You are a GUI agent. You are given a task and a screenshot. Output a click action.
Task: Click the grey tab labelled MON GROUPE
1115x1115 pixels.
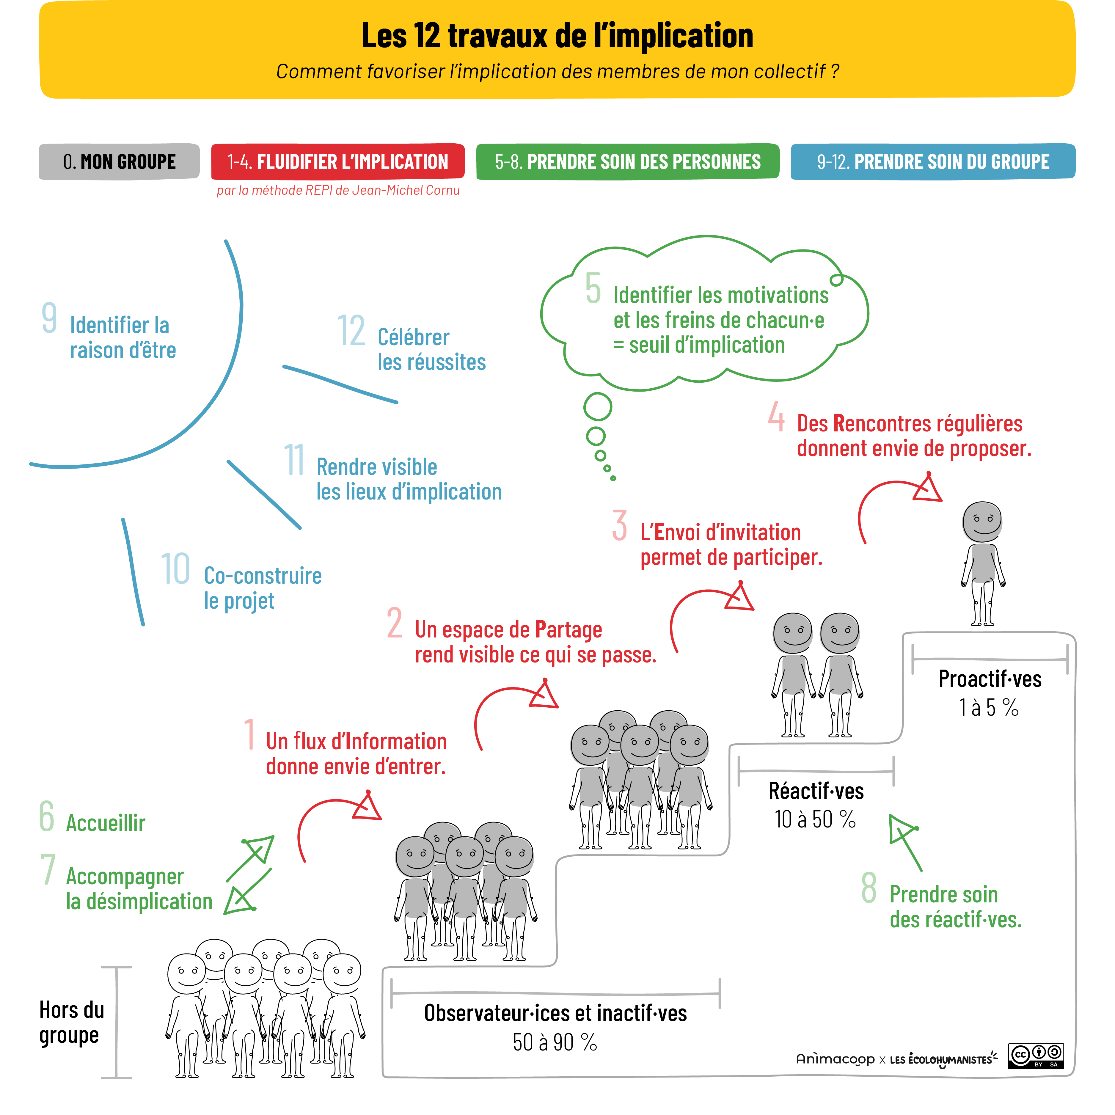click(x=120, y=161)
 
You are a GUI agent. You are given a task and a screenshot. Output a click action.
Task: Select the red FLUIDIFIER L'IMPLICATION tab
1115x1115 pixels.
click(x=337, y=161)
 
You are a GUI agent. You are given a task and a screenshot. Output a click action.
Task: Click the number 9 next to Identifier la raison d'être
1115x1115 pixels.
click(x=50, y=318)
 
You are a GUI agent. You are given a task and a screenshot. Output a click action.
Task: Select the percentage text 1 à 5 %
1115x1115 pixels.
click(x=989, y=708)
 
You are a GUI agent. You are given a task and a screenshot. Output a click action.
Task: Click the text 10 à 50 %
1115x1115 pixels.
click(x=815, y=819)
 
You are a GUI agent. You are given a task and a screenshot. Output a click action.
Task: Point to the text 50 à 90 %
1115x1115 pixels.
click(x=555, y=1042)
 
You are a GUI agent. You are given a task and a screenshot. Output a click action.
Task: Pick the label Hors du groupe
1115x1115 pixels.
click(x=72, y=1023)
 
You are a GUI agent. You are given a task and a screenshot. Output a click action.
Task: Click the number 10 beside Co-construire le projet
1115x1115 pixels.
click(x=175, y=569)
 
